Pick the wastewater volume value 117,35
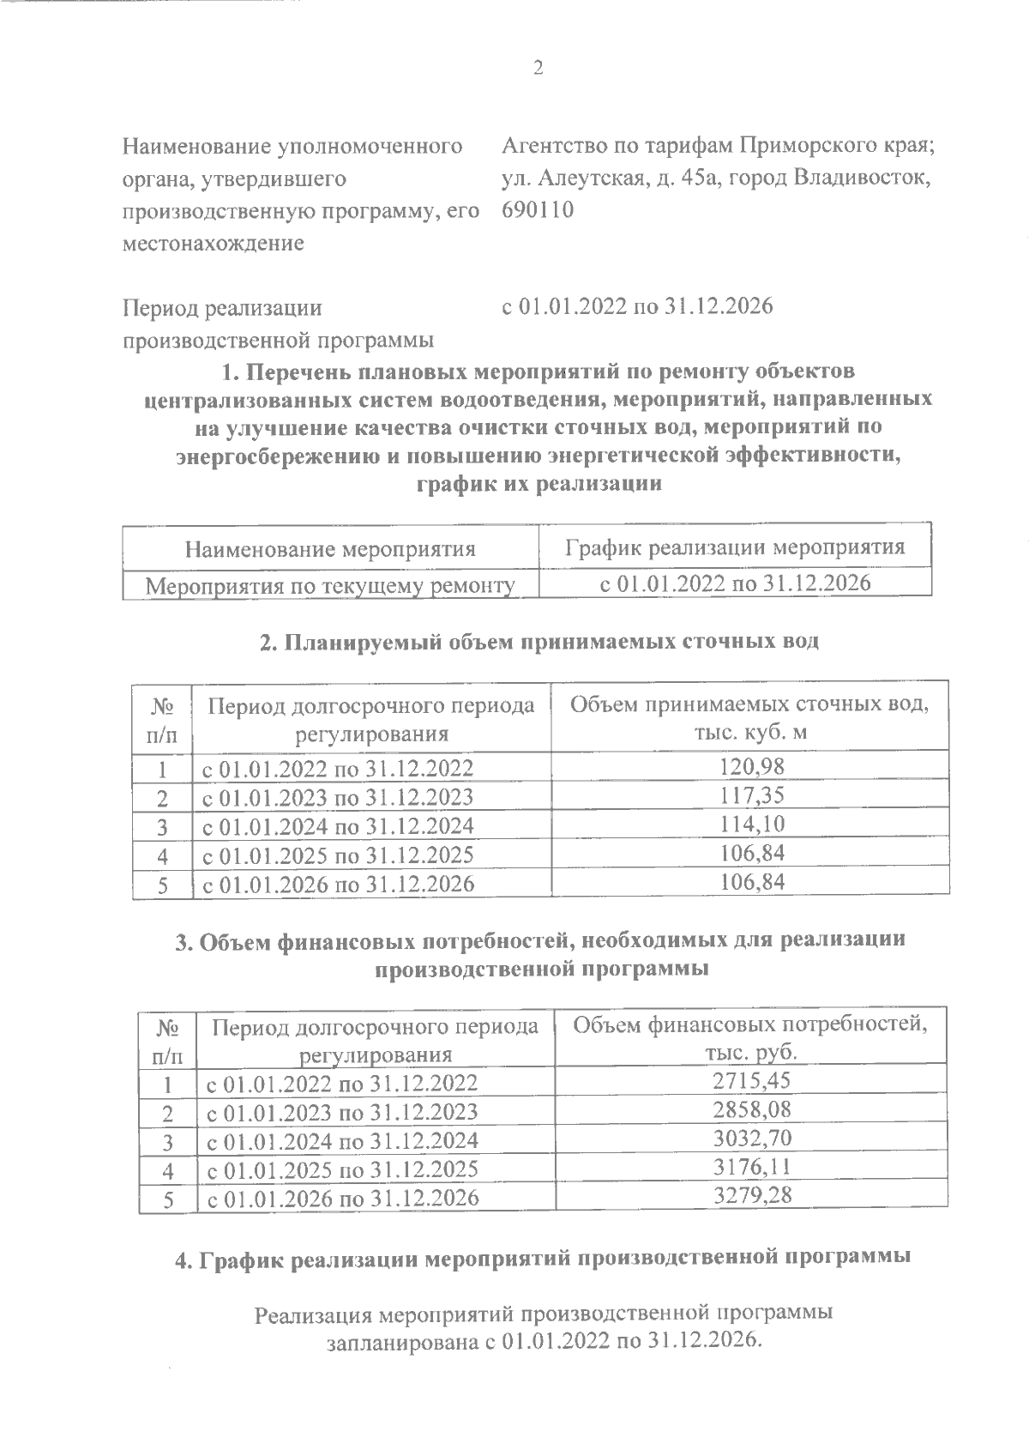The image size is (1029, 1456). [x=752, y=795]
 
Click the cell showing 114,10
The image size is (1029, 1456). [x=752, y=825]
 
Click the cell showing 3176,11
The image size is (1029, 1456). [x=752, y=1168]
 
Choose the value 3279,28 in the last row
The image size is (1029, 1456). [x=752, y=1196]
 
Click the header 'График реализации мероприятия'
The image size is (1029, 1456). [x=735, y=547]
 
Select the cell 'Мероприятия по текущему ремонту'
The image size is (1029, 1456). [x=331, y=586]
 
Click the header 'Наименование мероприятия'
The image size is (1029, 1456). [x=331, y=548]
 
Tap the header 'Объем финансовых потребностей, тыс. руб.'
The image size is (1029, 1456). [x=750, y=1038]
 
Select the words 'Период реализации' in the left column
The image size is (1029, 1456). [x=223, y=308]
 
